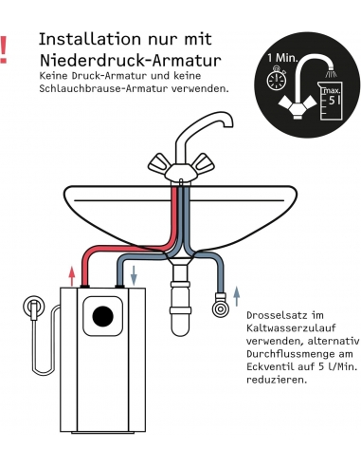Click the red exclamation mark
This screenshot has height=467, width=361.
[3, 50]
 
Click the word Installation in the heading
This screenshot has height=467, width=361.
[90, 39]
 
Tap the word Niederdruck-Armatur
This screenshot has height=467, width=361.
[131, 60]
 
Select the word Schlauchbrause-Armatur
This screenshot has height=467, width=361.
[103, 88]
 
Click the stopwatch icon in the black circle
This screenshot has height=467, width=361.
[277, 78]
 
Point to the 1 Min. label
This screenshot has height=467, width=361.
[282, 58]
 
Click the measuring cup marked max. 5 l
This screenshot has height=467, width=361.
[331, 101]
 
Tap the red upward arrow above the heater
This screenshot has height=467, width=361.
[72, 276]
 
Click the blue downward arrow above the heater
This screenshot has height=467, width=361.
[134, 275]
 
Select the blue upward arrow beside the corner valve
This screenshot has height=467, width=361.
[236, 296]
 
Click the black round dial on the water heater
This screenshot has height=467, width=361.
[103, 316]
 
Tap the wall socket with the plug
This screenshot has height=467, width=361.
[34, 307]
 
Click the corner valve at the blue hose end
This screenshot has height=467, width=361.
[220, 306]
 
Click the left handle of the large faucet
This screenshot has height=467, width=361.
[159, 163]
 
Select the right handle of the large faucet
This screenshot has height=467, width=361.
[204, 163]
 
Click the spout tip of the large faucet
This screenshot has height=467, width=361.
[228, 124]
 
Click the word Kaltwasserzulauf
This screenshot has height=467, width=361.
[291, 328]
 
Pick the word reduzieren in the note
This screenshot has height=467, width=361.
[277, 380]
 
